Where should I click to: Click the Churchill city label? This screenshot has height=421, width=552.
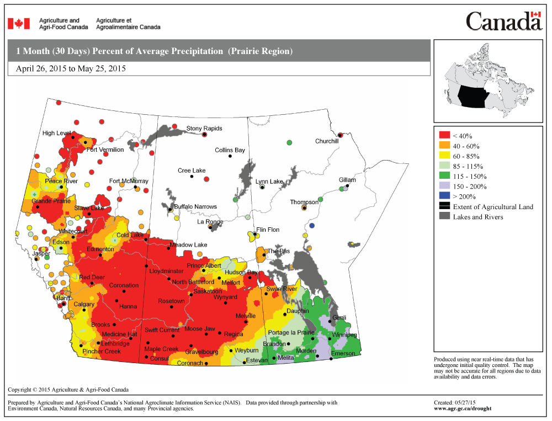[327, 141]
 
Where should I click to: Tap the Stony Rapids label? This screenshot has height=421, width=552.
[204, 129]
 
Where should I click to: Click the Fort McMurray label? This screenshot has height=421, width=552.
[129, 181]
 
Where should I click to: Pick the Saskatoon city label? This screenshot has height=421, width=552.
[208, 291]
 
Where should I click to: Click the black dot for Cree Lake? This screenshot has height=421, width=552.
[192, 177]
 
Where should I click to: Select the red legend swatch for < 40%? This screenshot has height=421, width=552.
[444, 136]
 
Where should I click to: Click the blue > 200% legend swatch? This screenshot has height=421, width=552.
[444, 196]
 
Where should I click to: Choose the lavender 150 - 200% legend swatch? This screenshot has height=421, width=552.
[444, 186]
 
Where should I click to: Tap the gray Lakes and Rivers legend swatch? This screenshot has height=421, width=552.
[444, 217]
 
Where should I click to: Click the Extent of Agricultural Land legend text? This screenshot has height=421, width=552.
[493, 207]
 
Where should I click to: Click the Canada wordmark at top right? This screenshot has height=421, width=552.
[504, 22]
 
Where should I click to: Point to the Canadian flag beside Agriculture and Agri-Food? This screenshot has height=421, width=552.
[18, 23]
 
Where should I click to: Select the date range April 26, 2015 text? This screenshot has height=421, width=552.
[71, 69]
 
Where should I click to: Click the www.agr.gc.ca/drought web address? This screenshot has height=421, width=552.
[463, 409]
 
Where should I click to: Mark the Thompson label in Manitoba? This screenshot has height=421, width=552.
[304, 202]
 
